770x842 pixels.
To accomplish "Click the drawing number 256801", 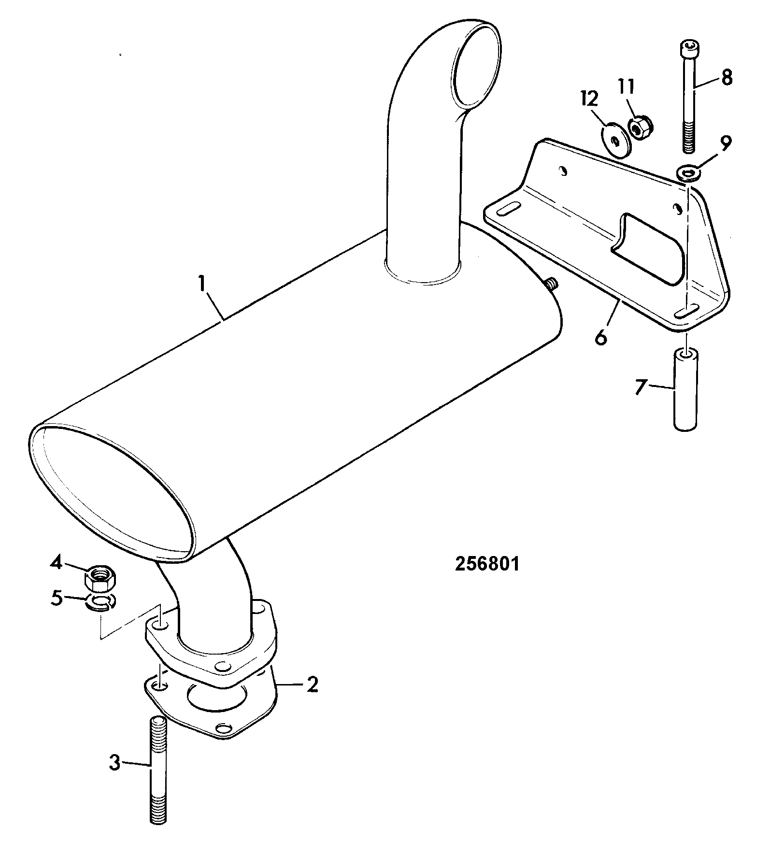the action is pyautogui.click(x=487, y=565).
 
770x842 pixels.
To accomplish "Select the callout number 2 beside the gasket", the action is pyautogui.click(x=313, y=685).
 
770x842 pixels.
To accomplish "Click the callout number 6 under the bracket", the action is pyautogui.click(x=600, y=337).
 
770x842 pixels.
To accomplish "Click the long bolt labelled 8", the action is pyautogui.click(x=689, y=98).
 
